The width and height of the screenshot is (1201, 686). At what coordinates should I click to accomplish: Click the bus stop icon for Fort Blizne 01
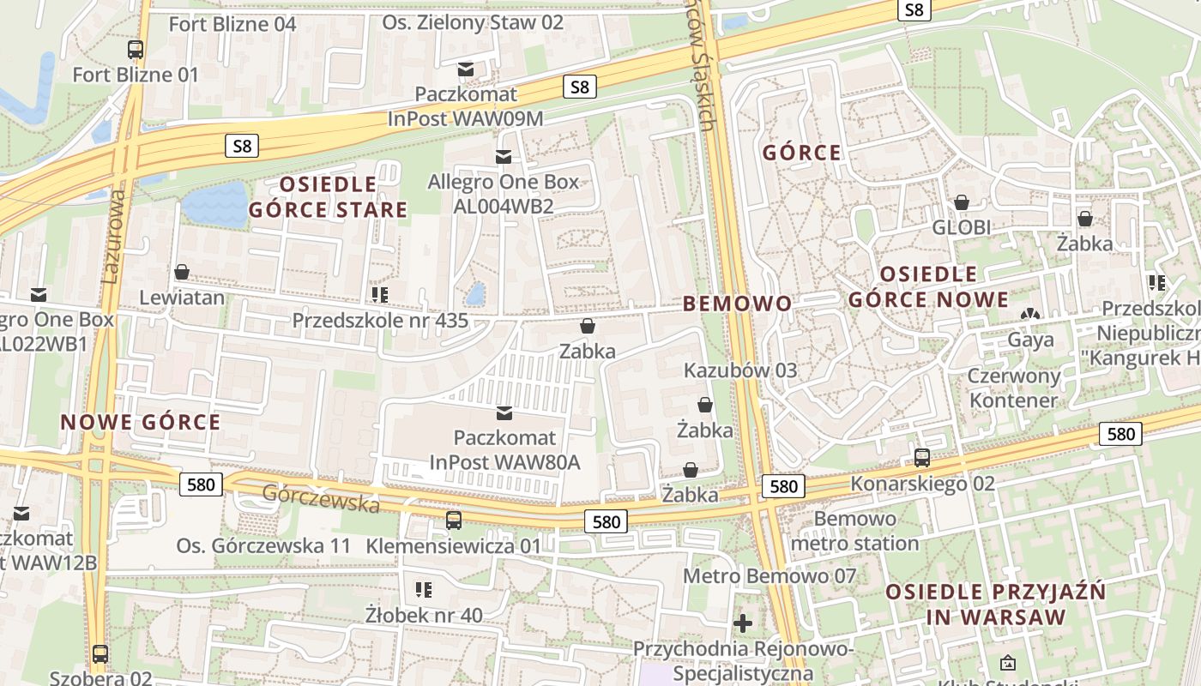(135, 50)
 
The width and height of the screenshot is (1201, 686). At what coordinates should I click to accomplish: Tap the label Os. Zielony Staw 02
(473, 22)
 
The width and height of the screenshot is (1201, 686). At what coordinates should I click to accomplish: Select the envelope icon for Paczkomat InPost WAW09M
(466, 69)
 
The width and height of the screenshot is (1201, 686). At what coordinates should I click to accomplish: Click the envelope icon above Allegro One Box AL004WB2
(504, 157)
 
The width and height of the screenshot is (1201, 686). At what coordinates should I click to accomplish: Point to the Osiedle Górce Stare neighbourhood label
(328, 196)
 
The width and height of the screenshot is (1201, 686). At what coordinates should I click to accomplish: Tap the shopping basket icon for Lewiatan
(182, 273)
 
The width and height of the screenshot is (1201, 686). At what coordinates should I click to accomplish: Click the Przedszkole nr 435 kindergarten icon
(379, 296)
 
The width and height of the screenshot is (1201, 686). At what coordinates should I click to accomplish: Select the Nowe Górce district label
(141, 422)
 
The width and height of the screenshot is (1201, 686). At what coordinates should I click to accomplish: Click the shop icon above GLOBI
(962, 202)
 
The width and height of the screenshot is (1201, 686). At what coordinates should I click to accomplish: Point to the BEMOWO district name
(737, 304)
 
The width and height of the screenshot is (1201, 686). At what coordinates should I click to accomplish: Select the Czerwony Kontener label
(1013, 388)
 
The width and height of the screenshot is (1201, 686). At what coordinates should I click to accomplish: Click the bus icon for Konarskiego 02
(922, 458)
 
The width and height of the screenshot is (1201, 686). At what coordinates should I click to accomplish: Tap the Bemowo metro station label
(854, 531)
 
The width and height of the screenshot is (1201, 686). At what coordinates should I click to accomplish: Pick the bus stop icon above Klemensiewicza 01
(454, 520)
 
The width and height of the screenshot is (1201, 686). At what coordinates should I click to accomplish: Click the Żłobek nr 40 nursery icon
(423, 589)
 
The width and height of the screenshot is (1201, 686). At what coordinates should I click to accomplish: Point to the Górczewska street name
(321, 498)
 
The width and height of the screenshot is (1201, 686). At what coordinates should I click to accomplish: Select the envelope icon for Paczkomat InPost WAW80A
(504, 414)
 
